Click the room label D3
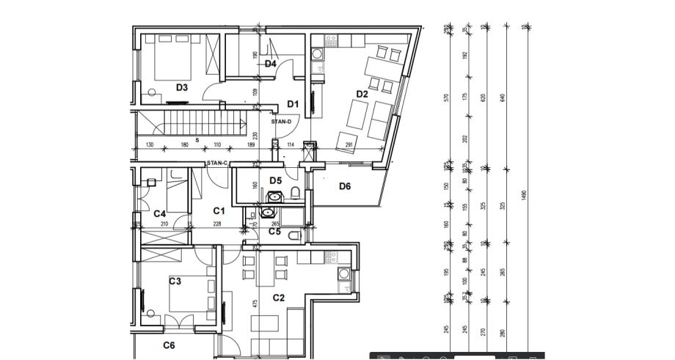coord(181,87)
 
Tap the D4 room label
coord(270,64)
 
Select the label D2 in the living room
coord(362,94)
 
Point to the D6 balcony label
coord(345,186)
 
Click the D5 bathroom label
coord(275,180)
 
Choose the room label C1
coord(219,211)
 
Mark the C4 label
coord(160,213)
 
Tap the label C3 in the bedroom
coord(175,281)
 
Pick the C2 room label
coord(279,298)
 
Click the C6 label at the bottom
coord(169,345)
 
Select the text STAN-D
coord(282,122)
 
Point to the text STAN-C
coord(218,163)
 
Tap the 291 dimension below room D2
coord(349,145)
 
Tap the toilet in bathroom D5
coord(295,192)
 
